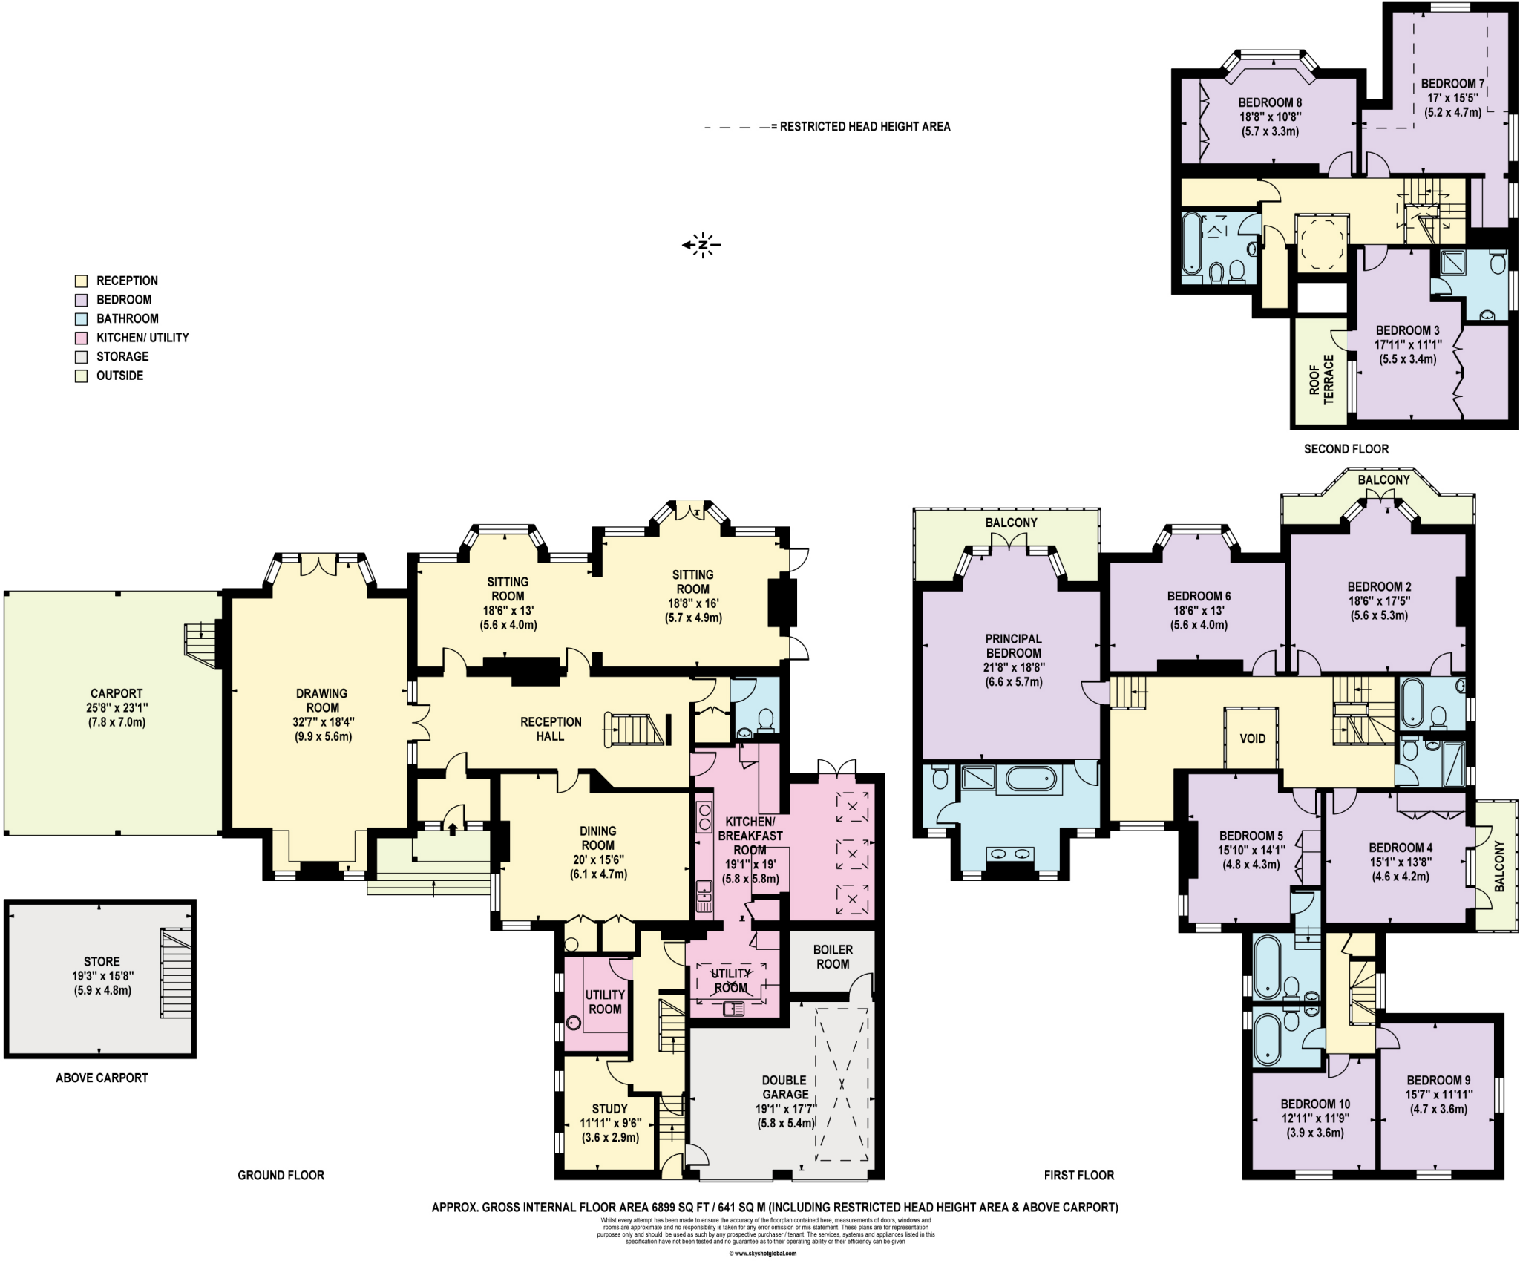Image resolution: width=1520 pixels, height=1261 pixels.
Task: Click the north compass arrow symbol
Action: click(701, 244)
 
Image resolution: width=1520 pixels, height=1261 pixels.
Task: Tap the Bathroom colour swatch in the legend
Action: click(82, 319)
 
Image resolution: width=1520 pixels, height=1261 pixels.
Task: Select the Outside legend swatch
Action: click(82, 376)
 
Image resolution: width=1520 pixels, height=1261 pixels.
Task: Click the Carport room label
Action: click(117, 693)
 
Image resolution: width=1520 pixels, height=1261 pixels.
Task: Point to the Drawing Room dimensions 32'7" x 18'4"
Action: click(322, 721)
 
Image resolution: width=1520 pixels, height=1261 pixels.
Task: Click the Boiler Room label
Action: click(833, 957)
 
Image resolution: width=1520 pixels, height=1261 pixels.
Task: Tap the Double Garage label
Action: click(785, 1087)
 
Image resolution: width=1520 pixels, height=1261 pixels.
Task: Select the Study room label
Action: click(609, 1109)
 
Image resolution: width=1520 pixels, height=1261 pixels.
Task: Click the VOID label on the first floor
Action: click(1252, 738)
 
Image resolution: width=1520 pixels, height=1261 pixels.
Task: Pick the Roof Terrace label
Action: click(1321, 379)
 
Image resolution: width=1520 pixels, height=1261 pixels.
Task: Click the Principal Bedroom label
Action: click(1013, 646)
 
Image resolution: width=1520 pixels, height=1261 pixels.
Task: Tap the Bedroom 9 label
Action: click(1438, 1080)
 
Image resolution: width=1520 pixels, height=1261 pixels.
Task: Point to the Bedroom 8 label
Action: click(1270, 102)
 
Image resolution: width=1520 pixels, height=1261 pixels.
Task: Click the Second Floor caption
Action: click(1346, 449)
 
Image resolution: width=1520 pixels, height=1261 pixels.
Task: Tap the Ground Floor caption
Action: click(281, 1175)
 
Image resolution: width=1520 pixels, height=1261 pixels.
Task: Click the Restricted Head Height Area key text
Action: click(865, 127)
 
